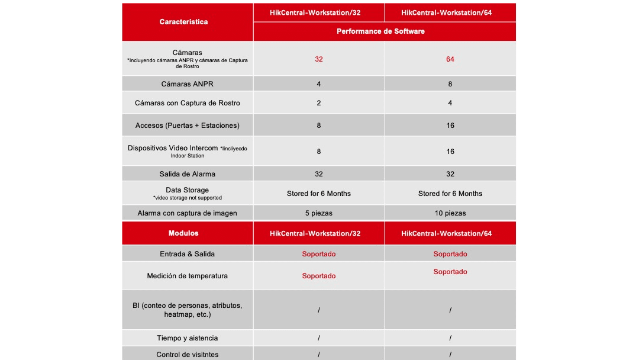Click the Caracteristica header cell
point(183,22)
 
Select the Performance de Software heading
point(380,31)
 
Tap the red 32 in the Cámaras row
point(319,59)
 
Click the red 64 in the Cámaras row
point(450,59)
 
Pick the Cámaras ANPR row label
point(187,84)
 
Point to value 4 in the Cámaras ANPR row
point(319,84)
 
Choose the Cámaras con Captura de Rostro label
point(188,103)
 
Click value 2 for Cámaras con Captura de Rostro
point(319,103)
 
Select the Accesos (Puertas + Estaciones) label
point(187,126)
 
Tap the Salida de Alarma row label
point(187,174)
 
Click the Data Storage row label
point(187,190)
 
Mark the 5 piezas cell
point(319,213)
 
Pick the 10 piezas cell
point(450,213)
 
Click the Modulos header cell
point(183,233)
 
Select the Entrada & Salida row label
point(187,254)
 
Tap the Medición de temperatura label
point(187,276)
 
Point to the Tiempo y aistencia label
point(187,338)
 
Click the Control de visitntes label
point(187,355)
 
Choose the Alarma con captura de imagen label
point(187,213)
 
